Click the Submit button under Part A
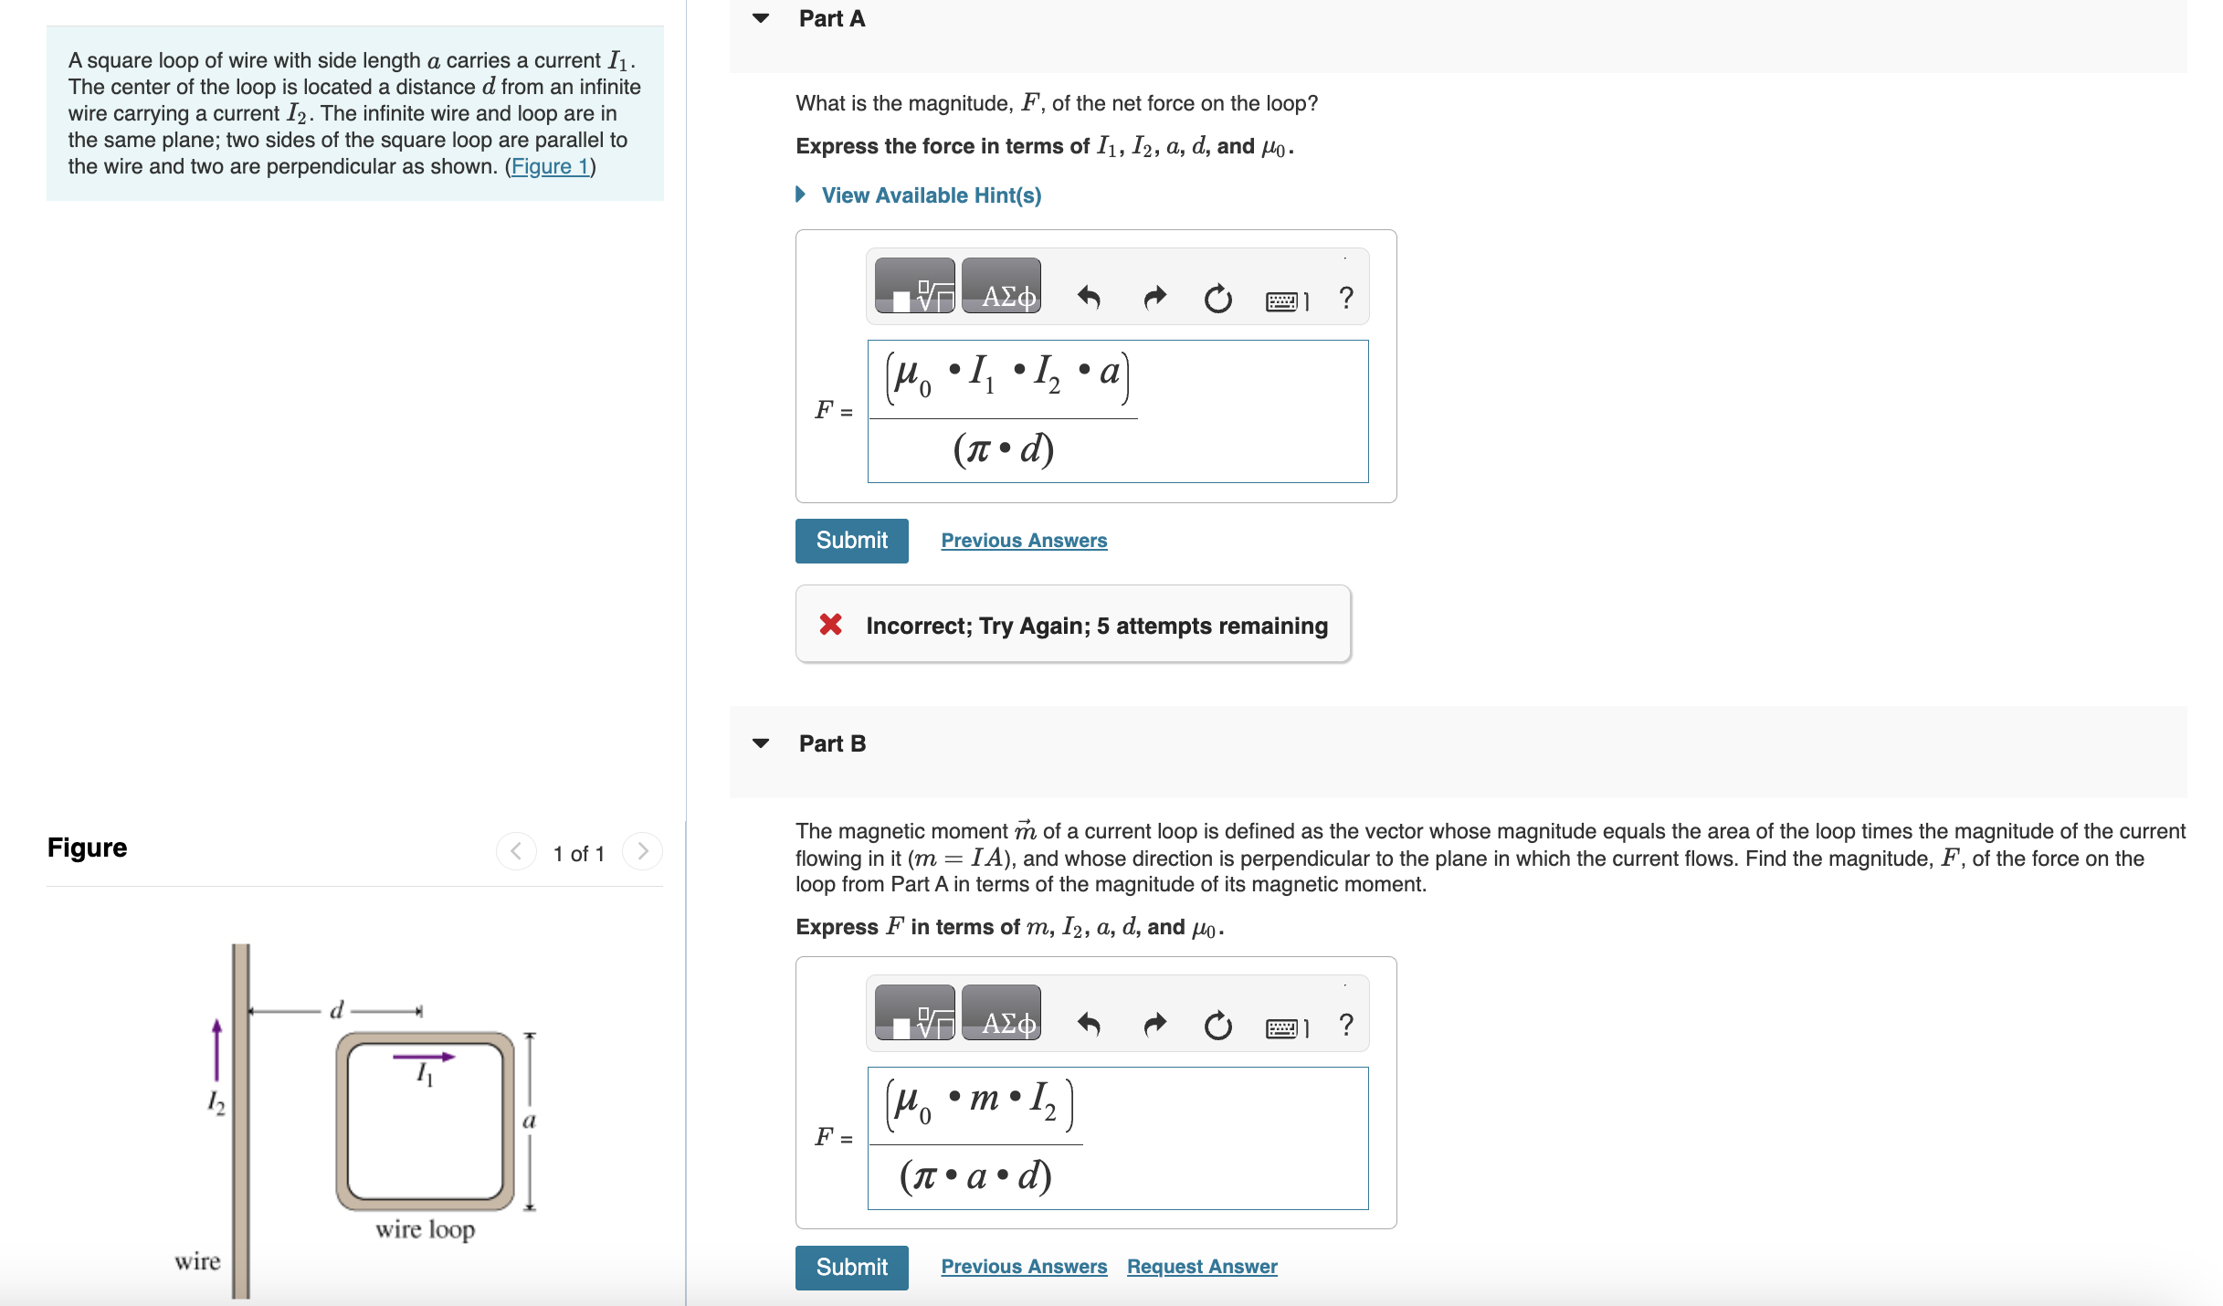pyautogui.click(x=851, y=541)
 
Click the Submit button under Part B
pyautogui.click(x=851, y=1267)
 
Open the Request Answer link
pyautogui.click(x=1201, y=1267)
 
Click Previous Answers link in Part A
pyautogui.click(x=1023, y=541)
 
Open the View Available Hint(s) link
pyautogui.click(x=931, y=195)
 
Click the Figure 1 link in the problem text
pyautogui.click(x=549, y=166)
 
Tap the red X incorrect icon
pyautogui.click(x=830, y=625)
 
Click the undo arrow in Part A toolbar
pyautogui.click(x=1088, y=298)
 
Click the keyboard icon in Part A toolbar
pyautogui.click(x=1281, y=300)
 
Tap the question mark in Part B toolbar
pyautogui.click(x=1345, y=1025)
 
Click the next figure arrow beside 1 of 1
pyautogui.click(x=642, y=852)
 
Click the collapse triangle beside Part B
pyautogui.click(x=761, y=743)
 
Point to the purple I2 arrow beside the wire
pyautogui.click(x=216, y=1050)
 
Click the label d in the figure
pyautogui.click(x=336, y=1010)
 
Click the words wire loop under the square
pyautogui.click(x=425, y=1229)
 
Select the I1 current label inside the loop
pyautogui.click(x=425, y=1074)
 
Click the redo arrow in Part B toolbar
pyautogui.click(x=1154, y=1025)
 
